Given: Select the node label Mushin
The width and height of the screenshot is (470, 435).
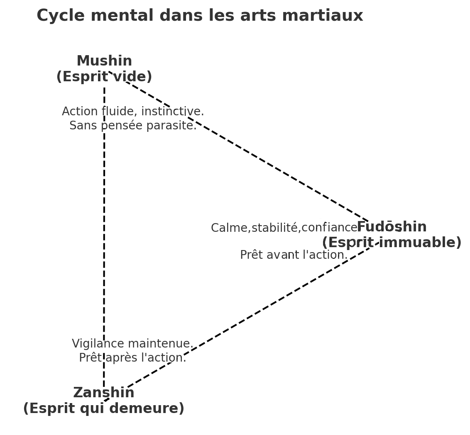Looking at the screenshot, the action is [104, 61].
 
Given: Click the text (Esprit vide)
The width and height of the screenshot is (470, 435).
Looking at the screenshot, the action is [104, 77].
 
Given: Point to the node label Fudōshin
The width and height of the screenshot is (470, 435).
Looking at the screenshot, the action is [392, 227].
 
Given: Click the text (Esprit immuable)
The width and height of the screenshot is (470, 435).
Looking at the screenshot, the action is [392, 243].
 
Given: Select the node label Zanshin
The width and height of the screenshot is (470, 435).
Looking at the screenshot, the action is [104, 392].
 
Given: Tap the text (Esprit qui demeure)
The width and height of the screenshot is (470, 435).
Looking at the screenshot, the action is [104, 408].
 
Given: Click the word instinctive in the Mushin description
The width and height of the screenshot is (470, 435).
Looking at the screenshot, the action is [172, 112].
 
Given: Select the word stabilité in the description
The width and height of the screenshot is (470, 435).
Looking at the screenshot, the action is [276, 228].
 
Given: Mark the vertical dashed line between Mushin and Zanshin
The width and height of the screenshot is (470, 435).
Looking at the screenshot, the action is [104, 236].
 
